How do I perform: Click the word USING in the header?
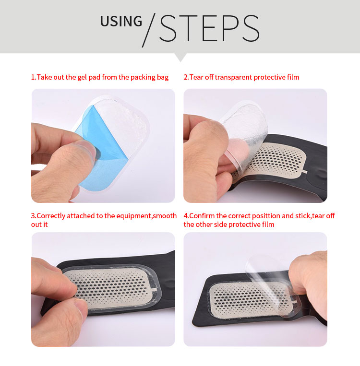pyautogui.click(x=121, y=22)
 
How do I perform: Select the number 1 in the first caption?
pyautogui.click(x=33, y=77)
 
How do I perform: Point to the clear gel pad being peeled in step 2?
pyautogui.click(x=240, y=127)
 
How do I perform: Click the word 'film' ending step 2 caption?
pyautogui.click(x=292, y=77)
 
